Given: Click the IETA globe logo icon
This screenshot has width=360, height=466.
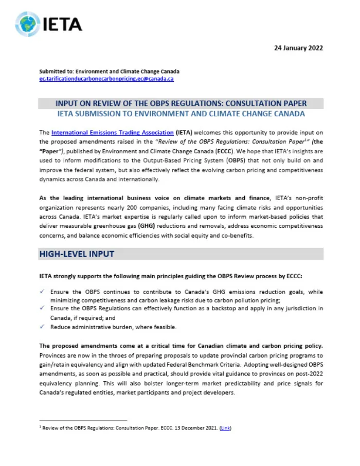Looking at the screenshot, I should tap(27, 23).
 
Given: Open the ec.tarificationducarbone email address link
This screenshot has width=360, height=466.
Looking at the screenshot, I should tap(106, 79).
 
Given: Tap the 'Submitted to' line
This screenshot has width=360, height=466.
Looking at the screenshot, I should tap(110, 71).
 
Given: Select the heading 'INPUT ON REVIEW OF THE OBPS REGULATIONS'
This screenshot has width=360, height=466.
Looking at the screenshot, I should tap(181, 103).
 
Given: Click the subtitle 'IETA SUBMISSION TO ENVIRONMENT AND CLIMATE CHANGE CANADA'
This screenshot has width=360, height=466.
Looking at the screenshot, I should tap(181, 114).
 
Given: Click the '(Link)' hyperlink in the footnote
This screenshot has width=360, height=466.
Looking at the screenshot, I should tap(225, 428).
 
